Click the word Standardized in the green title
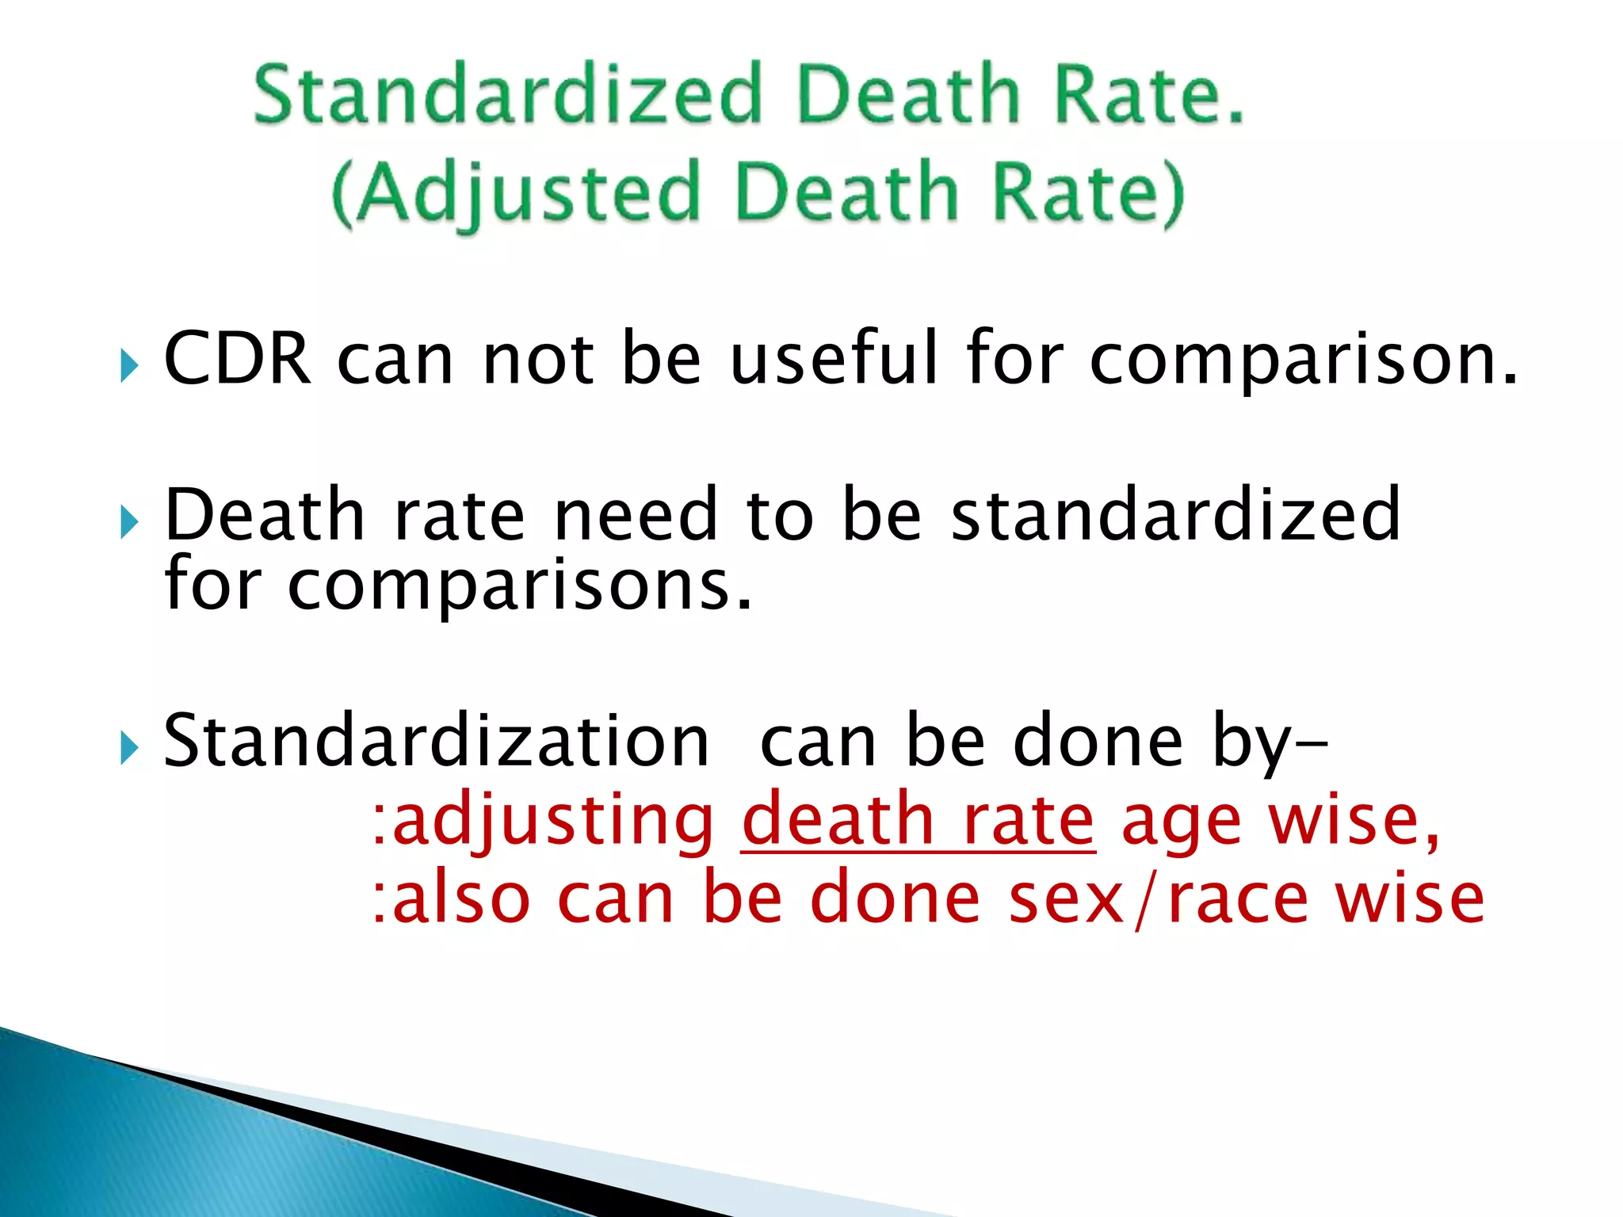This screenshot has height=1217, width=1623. [x=507, y=95]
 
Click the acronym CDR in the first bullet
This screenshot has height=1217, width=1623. [x=237, y=359]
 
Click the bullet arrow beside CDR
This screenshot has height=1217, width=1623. [x=129, y=366]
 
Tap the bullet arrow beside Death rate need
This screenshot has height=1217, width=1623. [x=129, y=523]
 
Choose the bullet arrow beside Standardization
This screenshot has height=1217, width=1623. [x=129, y=748]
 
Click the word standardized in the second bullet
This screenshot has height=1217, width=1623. [x=1176, y=515]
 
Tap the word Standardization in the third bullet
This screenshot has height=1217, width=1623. [x=436, y=741]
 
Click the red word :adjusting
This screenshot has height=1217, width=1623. [x=544, y=821]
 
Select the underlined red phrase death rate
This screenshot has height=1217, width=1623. [x=918, y=821]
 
